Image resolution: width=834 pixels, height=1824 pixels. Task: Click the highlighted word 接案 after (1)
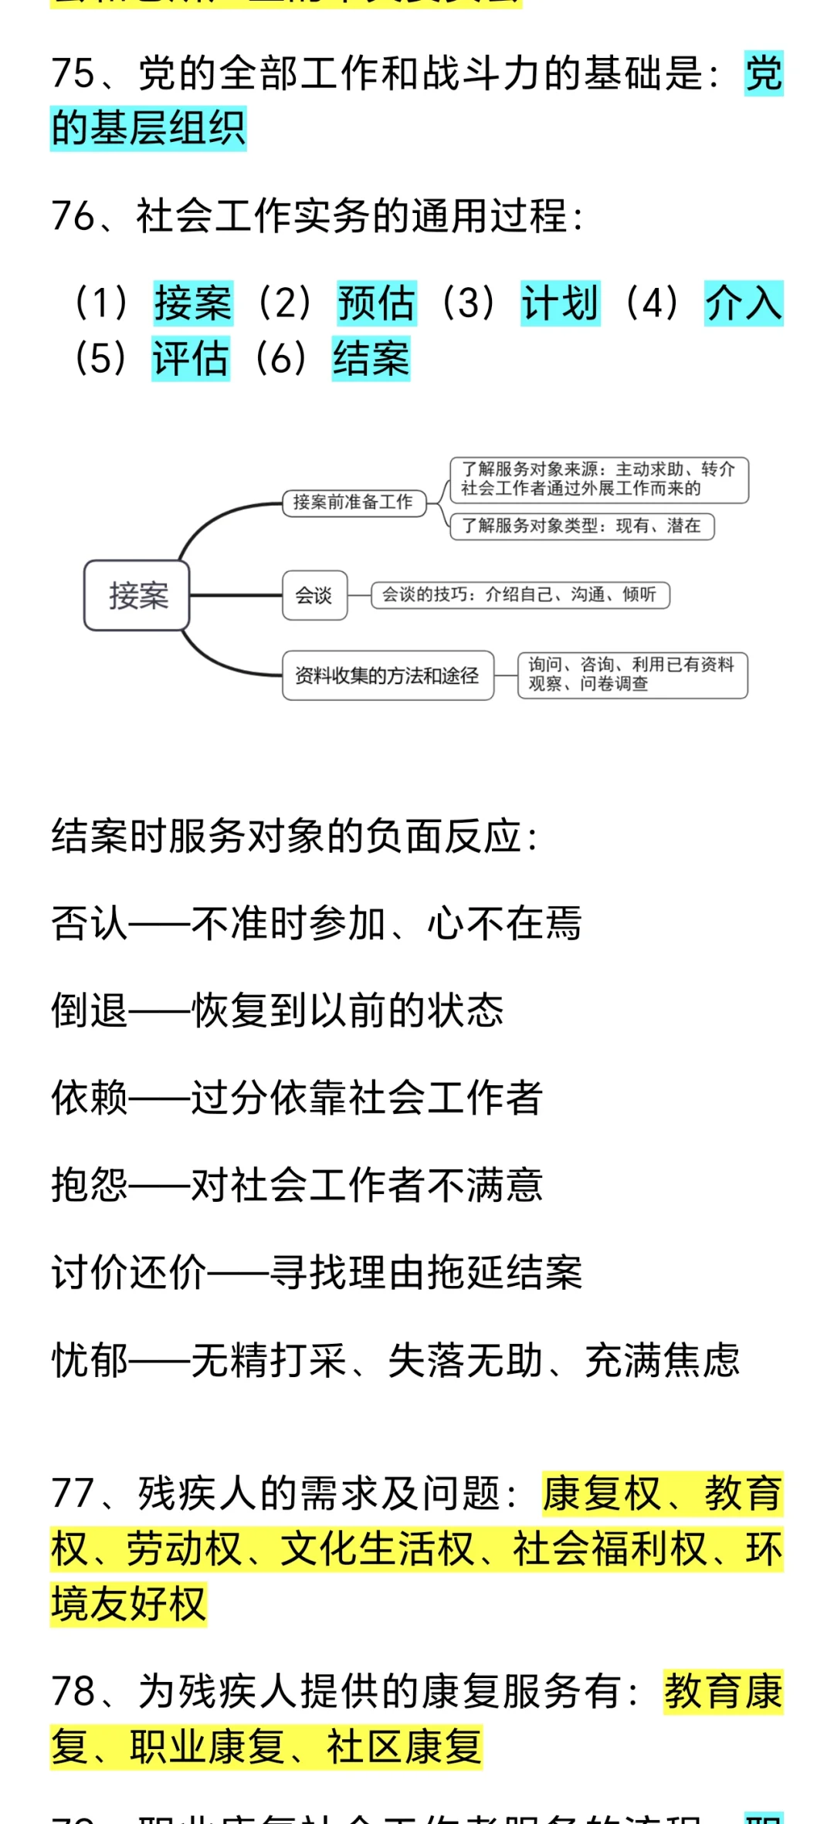pos(193,303)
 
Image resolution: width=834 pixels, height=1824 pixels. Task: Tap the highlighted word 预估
pos(377,303)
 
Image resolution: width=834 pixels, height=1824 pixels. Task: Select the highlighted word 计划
pos(560,303)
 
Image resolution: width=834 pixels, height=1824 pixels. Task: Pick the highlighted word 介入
pos(743,303)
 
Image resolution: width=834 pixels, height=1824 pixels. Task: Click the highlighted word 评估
pos(191,358)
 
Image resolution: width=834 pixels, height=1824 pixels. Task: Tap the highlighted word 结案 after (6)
pos(371,358)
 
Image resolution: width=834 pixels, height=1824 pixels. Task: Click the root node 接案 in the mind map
pos(137,595)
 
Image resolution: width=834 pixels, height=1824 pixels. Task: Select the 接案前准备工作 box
pos(354,503)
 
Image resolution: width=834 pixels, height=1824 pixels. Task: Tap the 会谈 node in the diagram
pos(314,595)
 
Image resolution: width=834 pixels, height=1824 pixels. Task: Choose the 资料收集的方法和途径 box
pos(388,675)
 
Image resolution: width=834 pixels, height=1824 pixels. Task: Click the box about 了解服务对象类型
pos(581,526)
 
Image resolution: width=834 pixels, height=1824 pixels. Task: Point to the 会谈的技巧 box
pos(520,595)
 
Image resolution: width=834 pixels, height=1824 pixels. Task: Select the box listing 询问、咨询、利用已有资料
pos(632,675)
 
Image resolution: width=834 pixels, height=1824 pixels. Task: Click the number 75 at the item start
pos(73,74)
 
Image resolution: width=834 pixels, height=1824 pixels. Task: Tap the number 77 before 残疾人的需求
pos(73,1493)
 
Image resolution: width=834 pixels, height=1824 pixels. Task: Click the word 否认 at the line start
pos(89,923)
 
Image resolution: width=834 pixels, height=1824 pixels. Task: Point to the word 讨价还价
pos(128,1272)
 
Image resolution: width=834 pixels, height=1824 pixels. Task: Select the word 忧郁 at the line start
pos(89,1360)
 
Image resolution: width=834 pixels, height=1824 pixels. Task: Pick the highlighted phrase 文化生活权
pos(377,1548)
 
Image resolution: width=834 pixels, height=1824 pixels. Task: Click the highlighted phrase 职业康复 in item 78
pos(207,1746)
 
